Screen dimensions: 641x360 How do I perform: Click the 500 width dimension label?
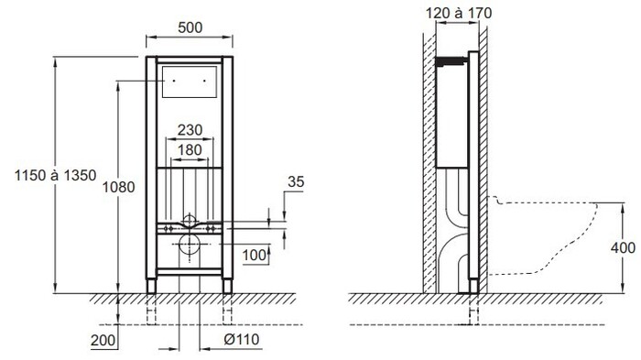click(190, 27)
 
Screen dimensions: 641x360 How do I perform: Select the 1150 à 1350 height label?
click(56, 175)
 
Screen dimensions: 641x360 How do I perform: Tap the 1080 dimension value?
click(118, 187)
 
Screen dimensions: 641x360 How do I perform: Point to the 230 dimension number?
click(190, 130)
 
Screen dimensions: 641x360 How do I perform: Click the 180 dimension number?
click(190, 149)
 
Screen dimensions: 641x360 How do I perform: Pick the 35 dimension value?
click(296, 181)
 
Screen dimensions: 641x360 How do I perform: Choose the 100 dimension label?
click(255, 256)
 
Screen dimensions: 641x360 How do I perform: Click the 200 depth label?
click(103, 340)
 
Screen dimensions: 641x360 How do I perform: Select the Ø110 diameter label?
click(241, 339)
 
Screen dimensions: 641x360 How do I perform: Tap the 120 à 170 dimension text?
click(459, 13)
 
